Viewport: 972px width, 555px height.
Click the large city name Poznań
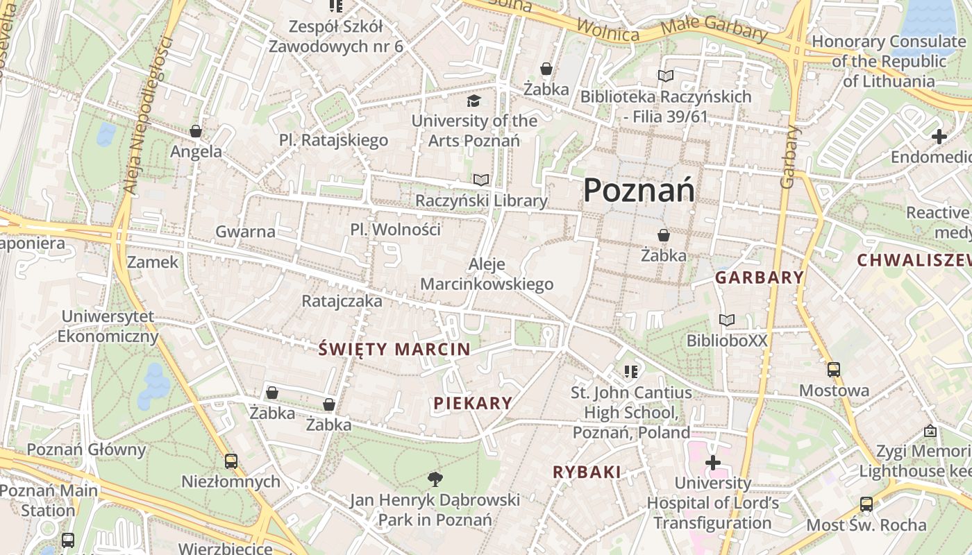[639, 190]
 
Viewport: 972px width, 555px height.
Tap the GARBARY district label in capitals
[760, 278]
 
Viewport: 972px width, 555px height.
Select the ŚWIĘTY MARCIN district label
[394, 350]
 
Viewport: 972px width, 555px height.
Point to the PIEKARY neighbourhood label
[473, 403]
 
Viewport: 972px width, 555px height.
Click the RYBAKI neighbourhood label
[587, 472]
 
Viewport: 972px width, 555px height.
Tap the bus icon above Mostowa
[834, 370]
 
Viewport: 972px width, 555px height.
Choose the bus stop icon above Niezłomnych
[231, 461]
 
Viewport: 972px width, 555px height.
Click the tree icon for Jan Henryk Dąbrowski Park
[435, 478]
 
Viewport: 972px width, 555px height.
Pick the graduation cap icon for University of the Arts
[474, 101]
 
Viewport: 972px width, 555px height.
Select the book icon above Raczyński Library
[481, 180]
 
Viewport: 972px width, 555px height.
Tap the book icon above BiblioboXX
[727, 320]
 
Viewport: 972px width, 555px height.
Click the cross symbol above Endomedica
[939, 137]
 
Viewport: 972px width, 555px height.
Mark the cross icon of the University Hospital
[713, 463]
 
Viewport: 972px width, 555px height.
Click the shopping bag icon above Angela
[196, 131]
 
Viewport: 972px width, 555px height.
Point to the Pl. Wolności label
[395, 230]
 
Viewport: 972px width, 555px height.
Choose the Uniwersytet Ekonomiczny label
[108, 327]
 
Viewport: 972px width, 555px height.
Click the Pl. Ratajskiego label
[333, 140]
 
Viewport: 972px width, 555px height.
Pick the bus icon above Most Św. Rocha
[866, 504]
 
